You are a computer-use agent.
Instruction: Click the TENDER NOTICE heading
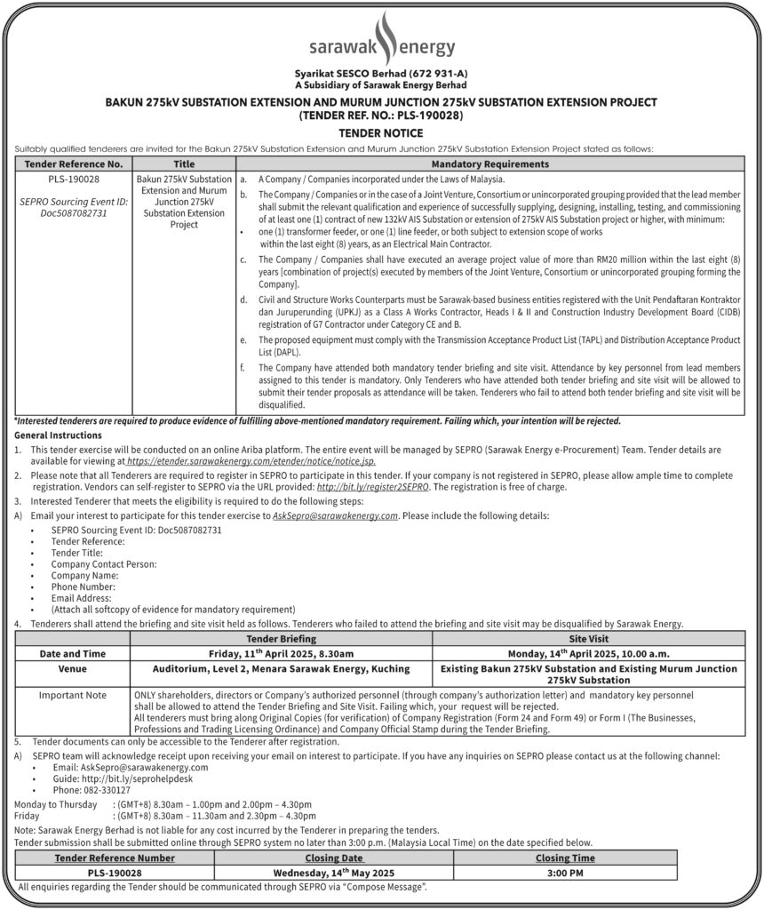381,132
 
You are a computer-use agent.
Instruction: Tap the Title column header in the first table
184,164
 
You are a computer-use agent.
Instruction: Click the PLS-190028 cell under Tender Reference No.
74,179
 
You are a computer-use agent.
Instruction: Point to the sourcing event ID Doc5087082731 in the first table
74,213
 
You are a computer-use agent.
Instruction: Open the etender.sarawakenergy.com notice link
251,462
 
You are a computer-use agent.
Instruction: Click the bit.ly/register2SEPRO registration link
373,488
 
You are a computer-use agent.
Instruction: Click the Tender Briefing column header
281,637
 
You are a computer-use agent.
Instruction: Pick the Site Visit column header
588,637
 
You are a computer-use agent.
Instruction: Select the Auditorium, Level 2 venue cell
281,668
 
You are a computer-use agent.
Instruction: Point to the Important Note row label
73,695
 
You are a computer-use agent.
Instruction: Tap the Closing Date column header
334,858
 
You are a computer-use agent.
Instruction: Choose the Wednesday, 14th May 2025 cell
334,873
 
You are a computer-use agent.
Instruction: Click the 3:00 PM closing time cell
565,873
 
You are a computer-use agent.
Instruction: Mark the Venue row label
73,668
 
